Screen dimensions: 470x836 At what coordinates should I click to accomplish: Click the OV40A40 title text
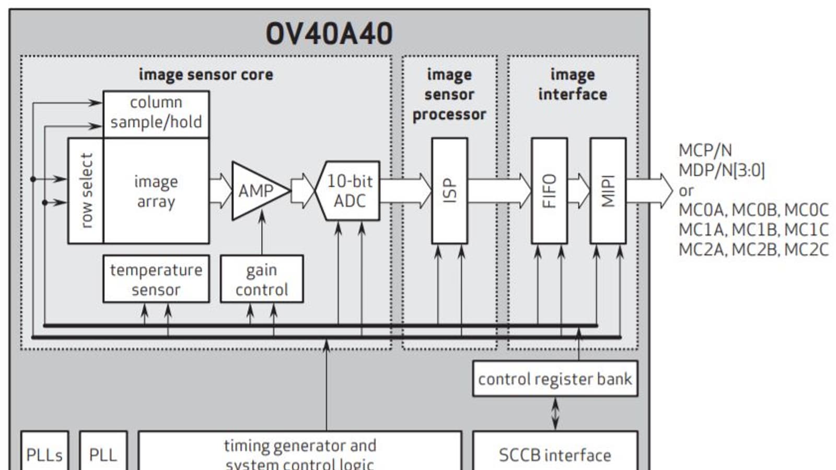tap(329, 34)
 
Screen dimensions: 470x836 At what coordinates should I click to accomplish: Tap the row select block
tap(86, 191)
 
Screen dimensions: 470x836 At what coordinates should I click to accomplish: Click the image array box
tap(156, 191)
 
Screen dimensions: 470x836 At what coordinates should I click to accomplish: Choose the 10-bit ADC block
tap(349, 191)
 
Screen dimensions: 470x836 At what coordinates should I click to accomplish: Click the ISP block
tap(449, 191)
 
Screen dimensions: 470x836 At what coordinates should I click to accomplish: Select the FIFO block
tap(549, 191)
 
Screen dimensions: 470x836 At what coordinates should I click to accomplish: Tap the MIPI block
tap(608, 191)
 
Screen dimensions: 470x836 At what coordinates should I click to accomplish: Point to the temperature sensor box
tap(156, 279)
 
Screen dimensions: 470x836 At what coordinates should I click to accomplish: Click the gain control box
tap(261, 279)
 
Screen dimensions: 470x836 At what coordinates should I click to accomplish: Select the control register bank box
tap(555, 379)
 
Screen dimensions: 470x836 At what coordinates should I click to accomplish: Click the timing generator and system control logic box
tap(300, 452)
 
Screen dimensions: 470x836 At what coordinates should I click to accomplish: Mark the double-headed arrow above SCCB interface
tap(555, 414)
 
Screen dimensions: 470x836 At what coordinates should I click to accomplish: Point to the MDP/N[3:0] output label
tap(721, 170)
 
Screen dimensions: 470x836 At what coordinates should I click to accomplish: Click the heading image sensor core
tap(205, 75)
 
